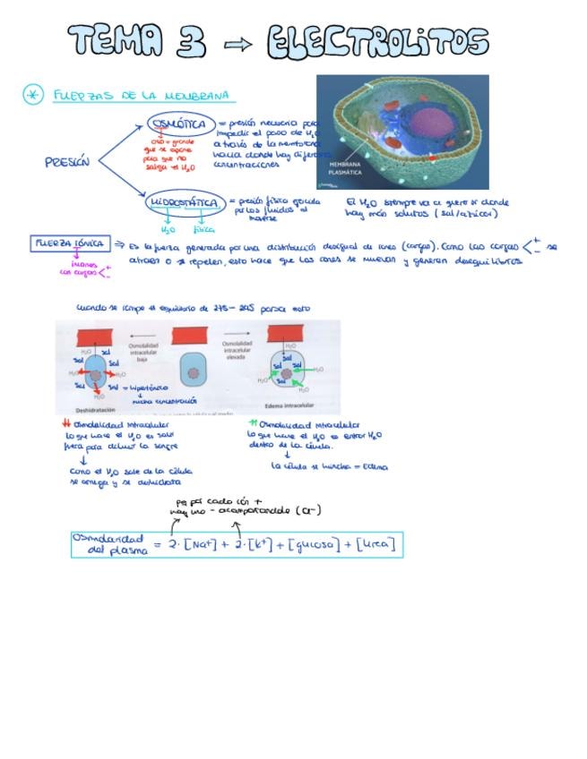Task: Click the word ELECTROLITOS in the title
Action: (377, 42)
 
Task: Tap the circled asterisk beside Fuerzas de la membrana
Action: (32, 94)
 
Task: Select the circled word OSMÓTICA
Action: (179, 124)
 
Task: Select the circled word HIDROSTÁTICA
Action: (184, 203)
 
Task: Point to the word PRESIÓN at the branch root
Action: (67, 163)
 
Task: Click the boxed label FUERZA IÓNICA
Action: (70, 243)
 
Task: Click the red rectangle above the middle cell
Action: (190, 336)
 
